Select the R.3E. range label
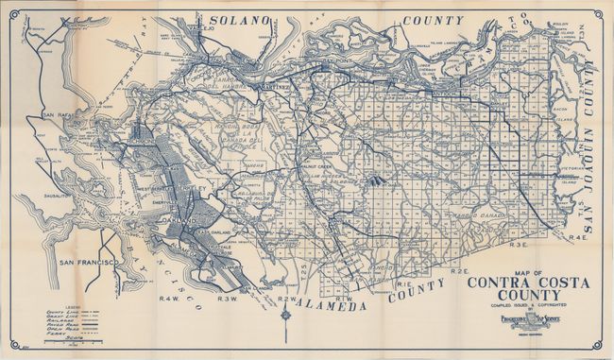(515, 245)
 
